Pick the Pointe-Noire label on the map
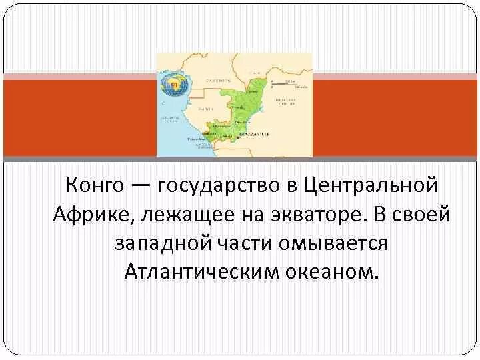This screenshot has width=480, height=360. click(197, 139)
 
